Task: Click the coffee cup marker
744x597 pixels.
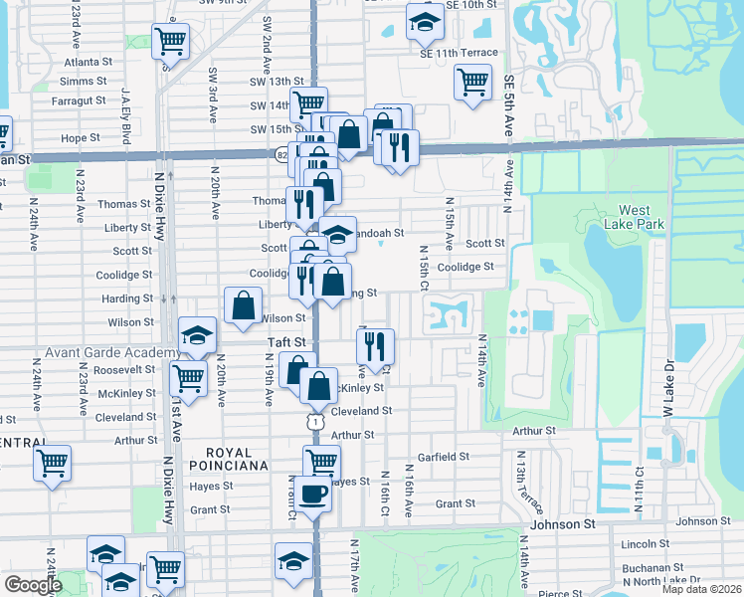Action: point(313,493)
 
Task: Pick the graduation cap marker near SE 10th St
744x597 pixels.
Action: point(425,23)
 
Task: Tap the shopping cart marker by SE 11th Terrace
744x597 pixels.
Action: point(472,82)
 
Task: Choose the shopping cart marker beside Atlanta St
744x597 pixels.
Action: point(171,42)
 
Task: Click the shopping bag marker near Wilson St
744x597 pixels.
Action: point(243,306)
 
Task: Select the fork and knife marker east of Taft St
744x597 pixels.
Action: point(375,346)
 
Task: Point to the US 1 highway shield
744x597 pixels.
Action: point(315,423)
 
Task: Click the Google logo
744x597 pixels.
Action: point(33,585)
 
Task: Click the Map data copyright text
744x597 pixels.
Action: point(702,589)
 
